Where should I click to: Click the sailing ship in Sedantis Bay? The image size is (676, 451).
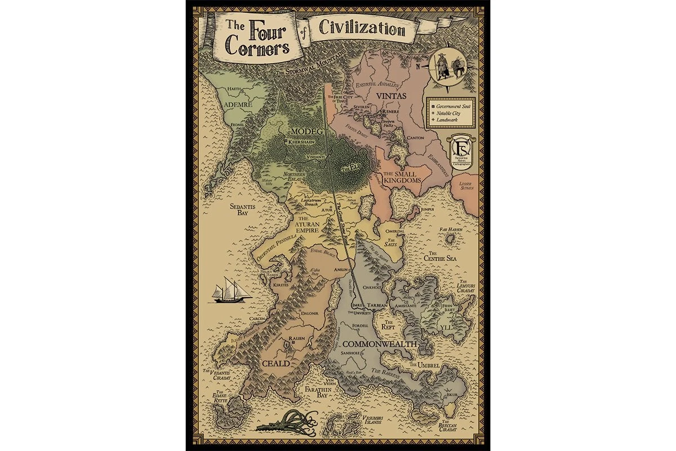(230, 290)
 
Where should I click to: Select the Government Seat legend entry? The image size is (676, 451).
(453, 105)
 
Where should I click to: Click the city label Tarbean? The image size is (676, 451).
(378, 304)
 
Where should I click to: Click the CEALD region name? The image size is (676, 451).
(275, 364)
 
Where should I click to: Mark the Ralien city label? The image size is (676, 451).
(296, 338)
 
